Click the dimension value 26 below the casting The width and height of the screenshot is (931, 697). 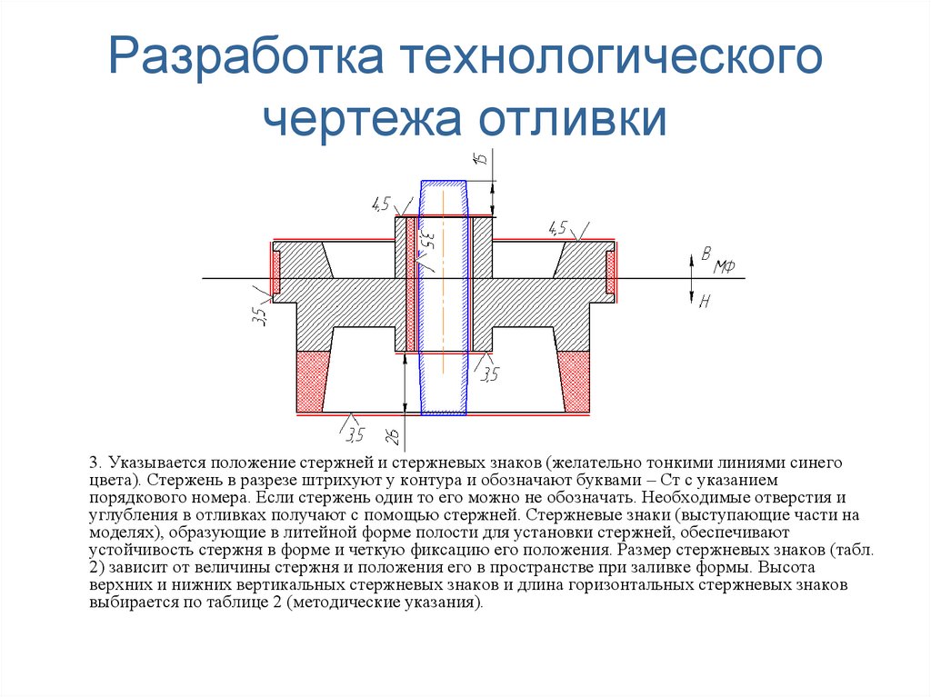pyautogui.click(x=393, y=436)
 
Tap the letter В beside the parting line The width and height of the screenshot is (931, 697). pyautogui.click(x=705, y=254)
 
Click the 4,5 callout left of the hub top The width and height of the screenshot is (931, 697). pyautogui.click(x=380, y=204)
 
